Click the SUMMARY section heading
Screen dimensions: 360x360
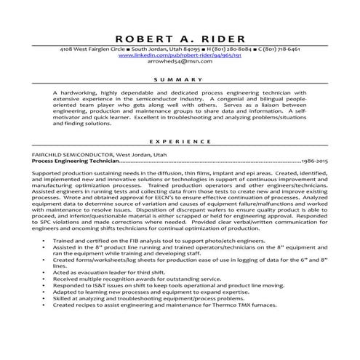(x=180, y=79)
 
